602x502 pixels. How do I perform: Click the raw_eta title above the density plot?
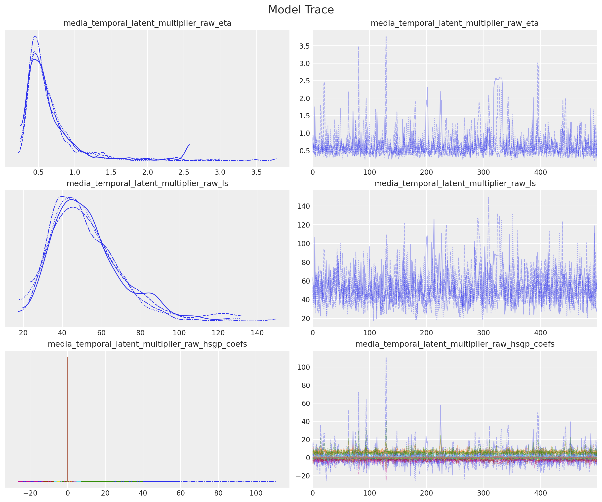pyautogui.click(x=147, y=23)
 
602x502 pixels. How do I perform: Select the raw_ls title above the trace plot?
pyautogui.click(x=455, y=184)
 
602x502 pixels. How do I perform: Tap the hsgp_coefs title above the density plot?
pyautogui.click(x=147, y=344)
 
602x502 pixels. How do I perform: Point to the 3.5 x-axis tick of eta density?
pyautogui.click(x=256, y=172)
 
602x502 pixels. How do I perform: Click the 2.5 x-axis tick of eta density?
pyautogui.click(x=184, y=172)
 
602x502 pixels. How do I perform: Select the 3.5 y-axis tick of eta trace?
pyautogui.click(x=304, y=46)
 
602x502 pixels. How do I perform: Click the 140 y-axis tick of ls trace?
pyautogui.click(x=303, y=206)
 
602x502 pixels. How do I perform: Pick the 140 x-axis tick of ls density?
pyautogui.click(x=257, y=333)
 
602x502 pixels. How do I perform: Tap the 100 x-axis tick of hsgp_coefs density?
pyautogui.click(x=256, y=493)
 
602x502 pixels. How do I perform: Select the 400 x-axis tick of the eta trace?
pyautogui.click(x=540, y=172)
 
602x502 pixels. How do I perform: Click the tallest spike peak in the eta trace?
pyautogui.click(x=386, y=37)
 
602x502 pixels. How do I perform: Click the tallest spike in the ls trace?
pyautogui.click(x=488, y=197)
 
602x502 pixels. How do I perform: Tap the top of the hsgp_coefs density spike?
pyautogui.click(x=68, y=357)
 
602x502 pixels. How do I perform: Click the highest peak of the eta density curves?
pyautogui.click(x=35, y=36)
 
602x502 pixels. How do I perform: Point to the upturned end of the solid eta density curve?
pyautogui.click(x=190, y=145)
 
